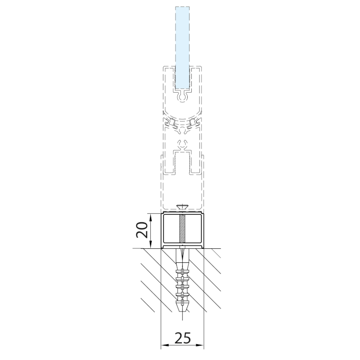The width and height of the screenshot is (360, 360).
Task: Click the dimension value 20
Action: [142, 229]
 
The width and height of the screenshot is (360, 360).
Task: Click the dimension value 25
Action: [183, 338]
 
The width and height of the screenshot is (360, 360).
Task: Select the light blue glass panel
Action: [182, 48]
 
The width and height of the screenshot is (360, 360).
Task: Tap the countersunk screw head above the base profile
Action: [182, 207]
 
